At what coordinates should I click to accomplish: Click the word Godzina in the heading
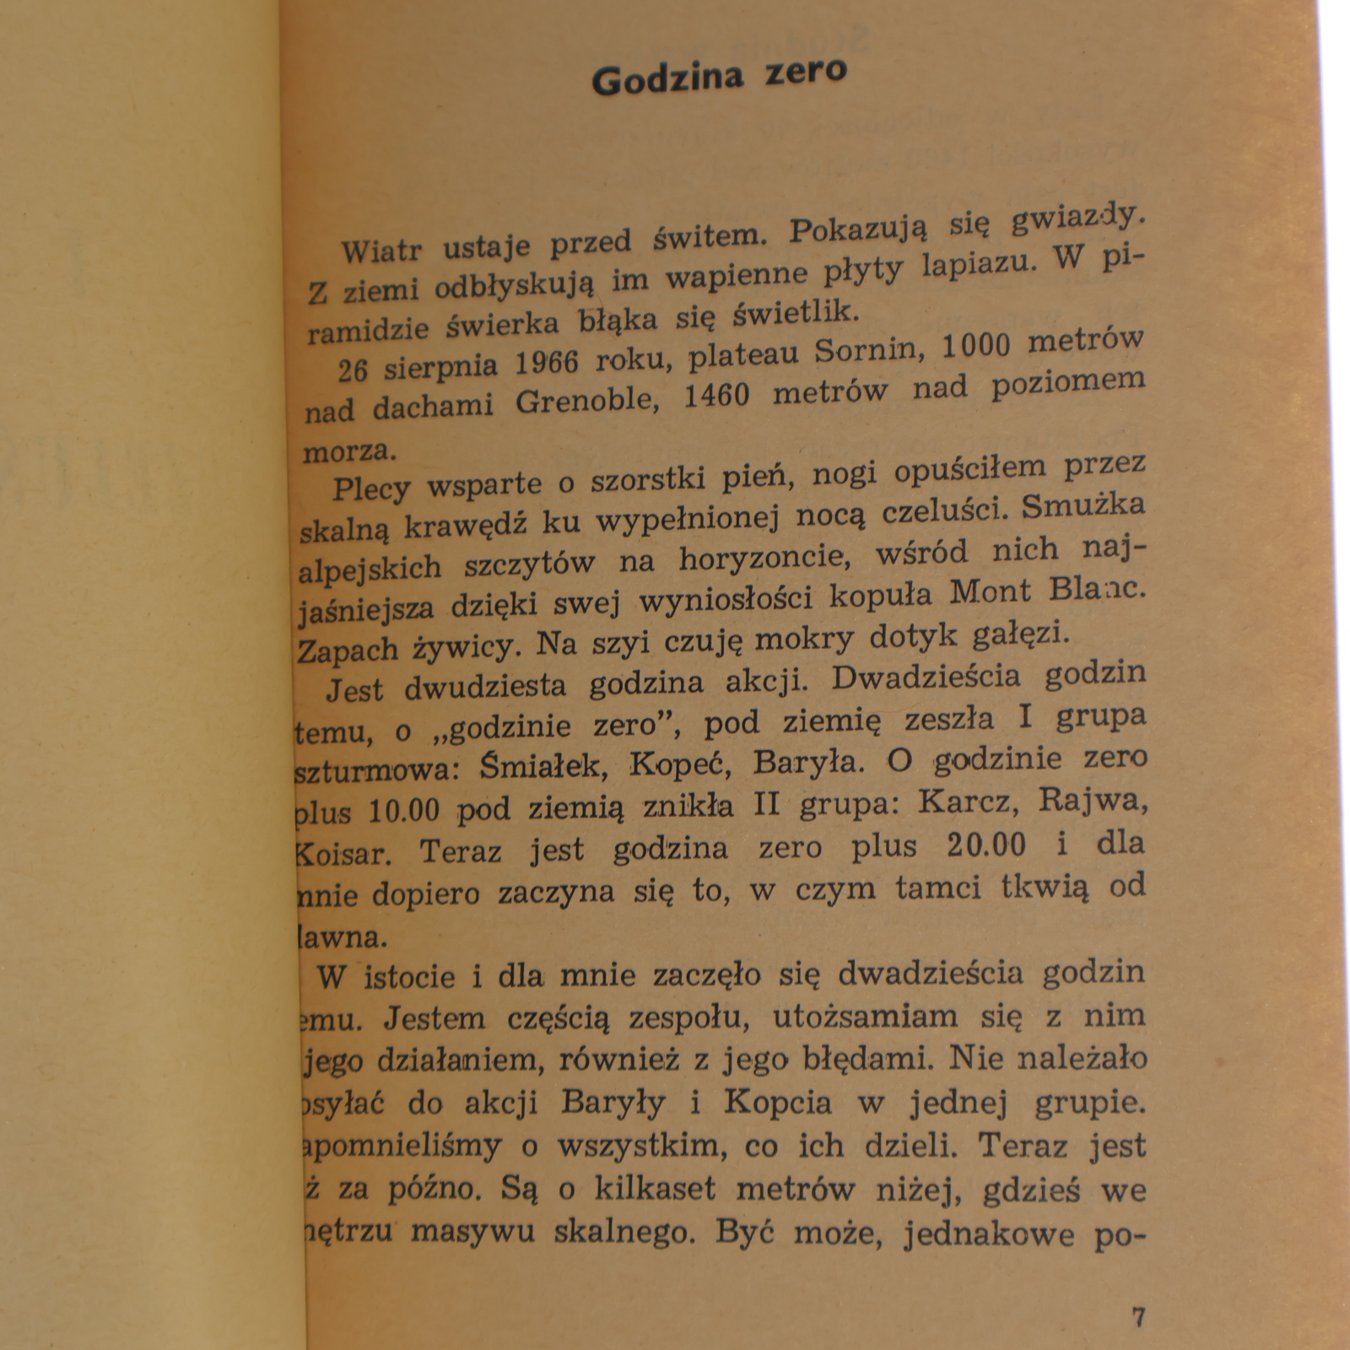click(667, 79)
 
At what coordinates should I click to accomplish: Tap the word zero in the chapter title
click(805, 72)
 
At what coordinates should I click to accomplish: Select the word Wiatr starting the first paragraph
click(381, 251)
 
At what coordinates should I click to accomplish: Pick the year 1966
click(546, 363)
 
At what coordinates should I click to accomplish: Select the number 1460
click(716, 396)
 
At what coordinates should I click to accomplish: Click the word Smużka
click(1083, 507)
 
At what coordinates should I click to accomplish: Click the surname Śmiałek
click(540, 766)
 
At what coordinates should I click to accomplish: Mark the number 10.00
click(404, 811)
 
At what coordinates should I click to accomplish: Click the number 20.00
click(986, 845)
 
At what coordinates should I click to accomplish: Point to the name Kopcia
click(777, 1102)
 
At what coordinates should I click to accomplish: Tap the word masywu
click(472, 1231)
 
